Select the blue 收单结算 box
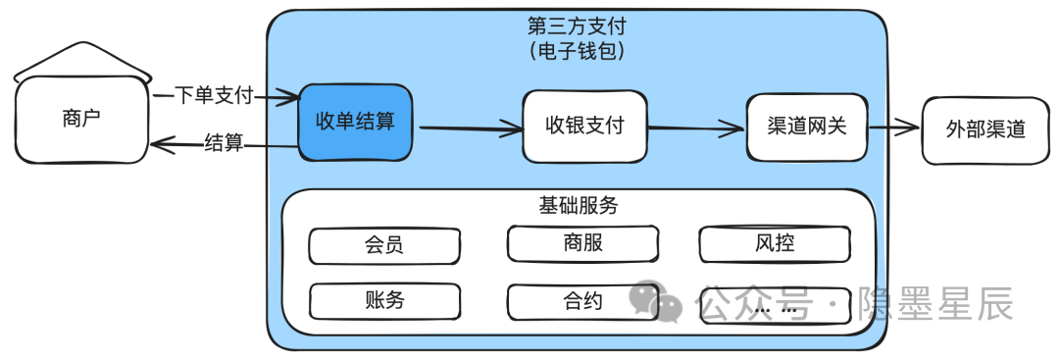[x=355, y=122]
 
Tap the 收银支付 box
[x=584, y=126]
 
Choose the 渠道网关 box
[x=806, y=127]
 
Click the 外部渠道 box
[x=984, y=129]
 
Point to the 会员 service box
[x=383, y=245]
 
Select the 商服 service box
[x=582, y=243]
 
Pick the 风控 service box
[x=774, y=243]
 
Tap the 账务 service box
[x=383, y=301]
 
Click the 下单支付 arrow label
[x=214, y=95]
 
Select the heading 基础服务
[x=578, y=205]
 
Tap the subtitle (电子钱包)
[x=576, y=50]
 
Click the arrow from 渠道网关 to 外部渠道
[x=894, y=128]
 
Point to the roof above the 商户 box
[x=82, y=59]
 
